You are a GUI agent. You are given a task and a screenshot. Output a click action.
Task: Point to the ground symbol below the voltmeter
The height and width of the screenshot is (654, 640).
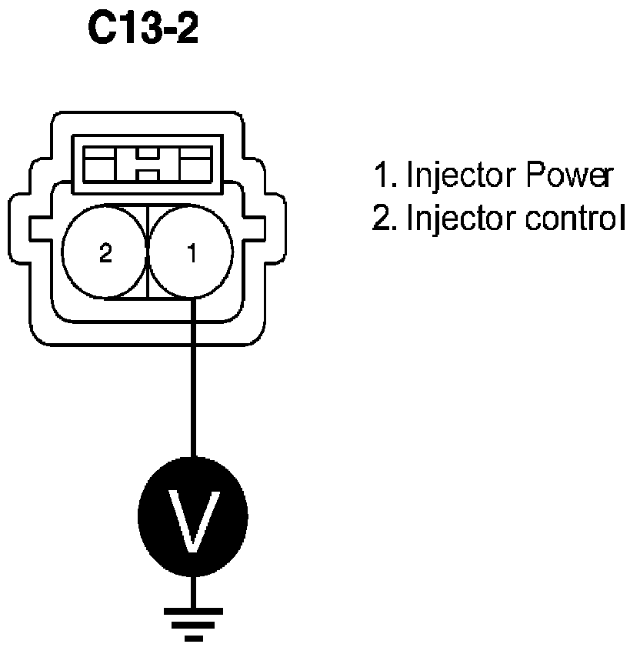(x=193, y=620)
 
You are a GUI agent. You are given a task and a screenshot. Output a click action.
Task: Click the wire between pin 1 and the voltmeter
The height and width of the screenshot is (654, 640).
(x=192, y=385)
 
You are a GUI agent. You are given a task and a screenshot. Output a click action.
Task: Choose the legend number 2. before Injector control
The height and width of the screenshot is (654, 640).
(x=383, y=219)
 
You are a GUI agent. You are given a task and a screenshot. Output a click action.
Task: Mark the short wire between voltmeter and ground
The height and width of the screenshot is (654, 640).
(x=193, y=589)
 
